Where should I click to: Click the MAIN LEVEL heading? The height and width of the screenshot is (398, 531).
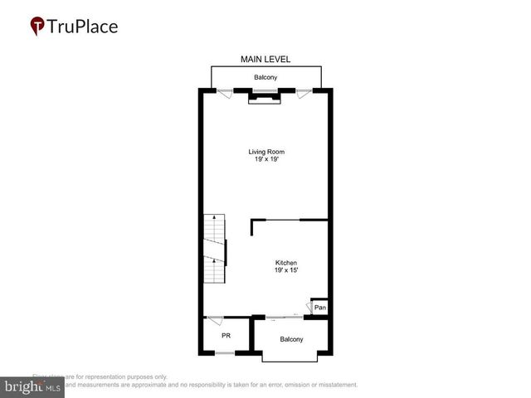point(265,60)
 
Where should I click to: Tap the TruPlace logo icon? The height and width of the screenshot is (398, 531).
point(37,26)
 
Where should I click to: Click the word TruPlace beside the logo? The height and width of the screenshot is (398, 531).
point(82,26)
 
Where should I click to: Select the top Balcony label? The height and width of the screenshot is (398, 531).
point(265,78)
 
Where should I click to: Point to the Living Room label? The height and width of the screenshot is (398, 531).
point(265,152)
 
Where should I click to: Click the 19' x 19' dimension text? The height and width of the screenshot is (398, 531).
point(265,159)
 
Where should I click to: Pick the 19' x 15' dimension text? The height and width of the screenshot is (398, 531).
point(286,271)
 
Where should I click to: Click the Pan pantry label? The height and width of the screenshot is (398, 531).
point(319,308)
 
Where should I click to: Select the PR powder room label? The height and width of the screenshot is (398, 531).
point(226,336)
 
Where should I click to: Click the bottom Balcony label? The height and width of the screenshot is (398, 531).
point(291,339)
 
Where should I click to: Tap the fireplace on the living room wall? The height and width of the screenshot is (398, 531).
point(265,98)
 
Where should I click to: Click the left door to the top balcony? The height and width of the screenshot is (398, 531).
point(225,94)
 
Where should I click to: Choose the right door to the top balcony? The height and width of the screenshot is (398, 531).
point(304,94)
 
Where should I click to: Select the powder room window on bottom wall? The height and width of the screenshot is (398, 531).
point(225,354)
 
